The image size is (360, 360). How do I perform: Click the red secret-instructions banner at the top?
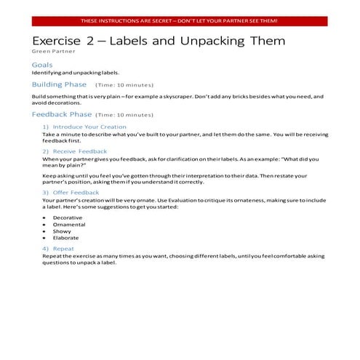[179, 21]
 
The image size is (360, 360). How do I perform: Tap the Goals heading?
[42, 65]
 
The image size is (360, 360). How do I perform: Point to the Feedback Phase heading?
[62, 114]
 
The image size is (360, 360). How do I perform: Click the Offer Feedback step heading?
[76, 192]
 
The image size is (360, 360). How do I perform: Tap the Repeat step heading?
[63, 249]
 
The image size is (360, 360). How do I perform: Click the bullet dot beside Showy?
[44, 231]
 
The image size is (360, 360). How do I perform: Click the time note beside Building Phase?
[124, 85]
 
